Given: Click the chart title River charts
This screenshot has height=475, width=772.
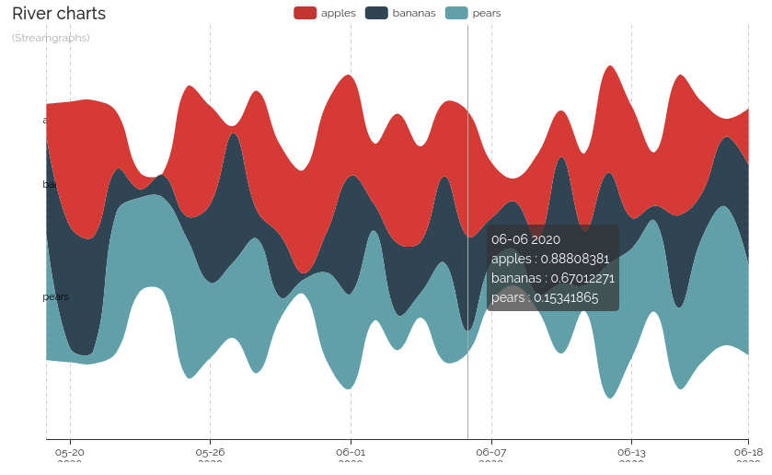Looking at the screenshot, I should click(x=59, y=14).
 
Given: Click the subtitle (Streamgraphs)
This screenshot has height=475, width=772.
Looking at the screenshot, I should click(x=51, y=38).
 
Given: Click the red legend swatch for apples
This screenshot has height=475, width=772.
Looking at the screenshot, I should click(x=305, y=13).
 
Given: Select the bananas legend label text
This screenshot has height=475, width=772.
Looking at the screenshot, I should click(x=414, y=13).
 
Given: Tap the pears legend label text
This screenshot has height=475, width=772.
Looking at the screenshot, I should click(x=486, y=13).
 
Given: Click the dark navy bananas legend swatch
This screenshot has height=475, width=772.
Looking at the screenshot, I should click(x=376, y=13).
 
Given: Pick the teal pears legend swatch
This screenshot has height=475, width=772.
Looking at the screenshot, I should click(x=456, y=13).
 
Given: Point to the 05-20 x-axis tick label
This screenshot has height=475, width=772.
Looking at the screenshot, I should click(x=70, y=452).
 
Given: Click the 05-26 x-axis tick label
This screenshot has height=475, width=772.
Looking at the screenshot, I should click(x=210, y=452).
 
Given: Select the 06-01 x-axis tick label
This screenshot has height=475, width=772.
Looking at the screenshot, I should click(x=351, y=452).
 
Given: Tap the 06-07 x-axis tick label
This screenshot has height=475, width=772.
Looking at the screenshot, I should click(x=491, y=452).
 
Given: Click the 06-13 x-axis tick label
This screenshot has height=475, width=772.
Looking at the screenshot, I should click(x=631, y=452).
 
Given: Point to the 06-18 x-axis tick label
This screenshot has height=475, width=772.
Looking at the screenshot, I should click(x=747, y=452).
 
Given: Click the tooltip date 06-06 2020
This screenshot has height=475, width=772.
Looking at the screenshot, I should click(x=525, y=239).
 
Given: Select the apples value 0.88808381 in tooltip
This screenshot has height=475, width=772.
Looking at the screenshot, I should click(x=574, y=259).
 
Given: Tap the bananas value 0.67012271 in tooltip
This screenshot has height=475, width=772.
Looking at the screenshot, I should click(x=579, y=278).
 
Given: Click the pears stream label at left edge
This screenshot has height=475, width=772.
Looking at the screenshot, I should click(x=56, y=296).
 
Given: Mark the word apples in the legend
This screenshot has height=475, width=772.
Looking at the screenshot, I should click(x=339, y=13).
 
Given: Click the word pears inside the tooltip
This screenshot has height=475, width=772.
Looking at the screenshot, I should click(x=507, y=297).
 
